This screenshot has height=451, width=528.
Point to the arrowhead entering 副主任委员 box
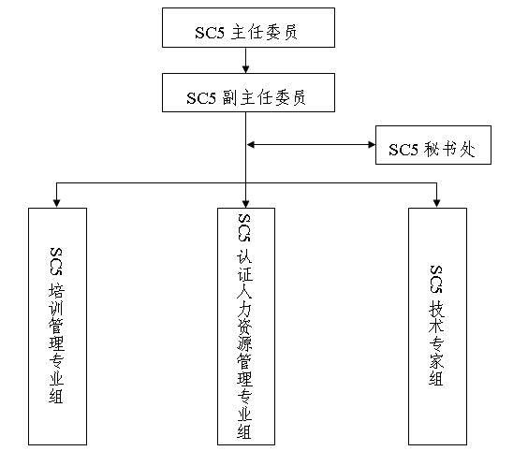pyautogui.click(x=246, y=69)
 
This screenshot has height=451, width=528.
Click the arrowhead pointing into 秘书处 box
pyautogui.click(x=372, y=145)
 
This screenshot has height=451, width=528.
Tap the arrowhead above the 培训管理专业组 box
pyautogui.click(x=56, y=203)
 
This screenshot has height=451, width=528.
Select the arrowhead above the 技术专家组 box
pyautogui.click(x=437, y=203)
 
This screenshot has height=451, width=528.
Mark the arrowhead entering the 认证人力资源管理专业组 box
pyautogui.click(x=246, y=203)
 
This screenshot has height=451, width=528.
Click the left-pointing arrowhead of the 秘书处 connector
pyautogui.click(x=251, y=145)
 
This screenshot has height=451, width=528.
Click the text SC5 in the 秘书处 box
pyautogui.click(x=403, y=150)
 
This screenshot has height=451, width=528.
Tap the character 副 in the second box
pyautogui.click(x=230, y=97)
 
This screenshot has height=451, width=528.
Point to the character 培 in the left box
pyautogui.click(x=56, y=291)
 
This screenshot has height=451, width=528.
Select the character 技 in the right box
pyautogui.click(x=437, y=309)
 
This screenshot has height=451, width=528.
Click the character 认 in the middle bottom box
pyautogui.click(x=244, y=256)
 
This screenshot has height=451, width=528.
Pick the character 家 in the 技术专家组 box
pyautogui.click(x=436, y=360)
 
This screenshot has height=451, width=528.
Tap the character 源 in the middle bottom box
pyautogui.click(x=244, y=343)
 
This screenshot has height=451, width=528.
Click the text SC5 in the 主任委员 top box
pyautogui.click(x=210, y=33)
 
